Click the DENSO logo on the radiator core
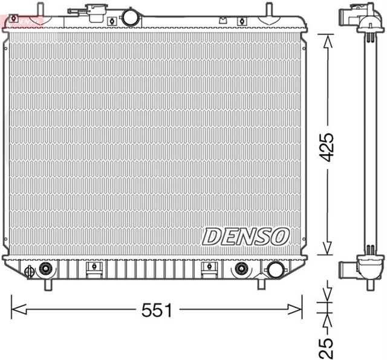246,236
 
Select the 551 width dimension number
157,310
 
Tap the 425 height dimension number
327,146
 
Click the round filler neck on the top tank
130,17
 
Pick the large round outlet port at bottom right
275,269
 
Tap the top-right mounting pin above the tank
267,9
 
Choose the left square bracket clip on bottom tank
93,268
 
